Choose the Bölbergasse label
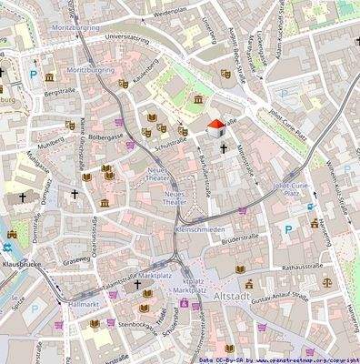coord(105,136)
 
